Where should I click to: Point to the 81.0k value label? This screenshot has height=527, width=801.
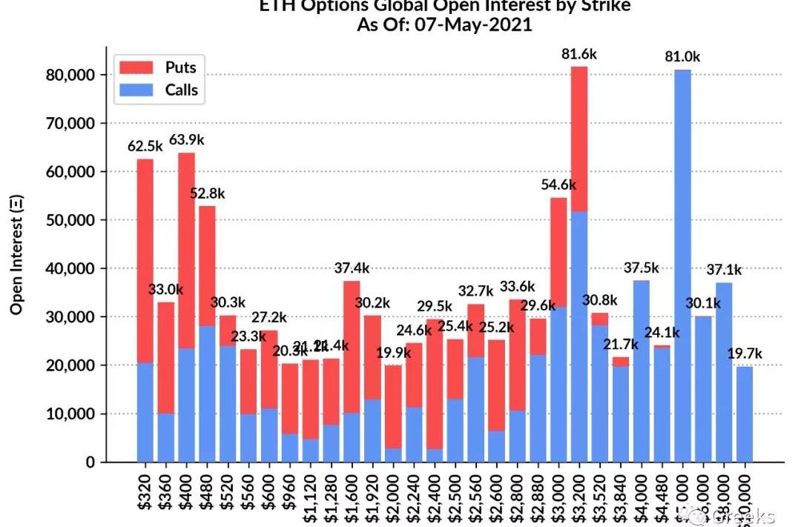click(683, 56)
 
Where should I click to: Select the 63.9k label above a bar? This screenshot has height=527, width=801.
click(186, 139)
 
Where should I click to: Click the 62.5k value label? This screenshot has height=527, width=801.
click(145, 146)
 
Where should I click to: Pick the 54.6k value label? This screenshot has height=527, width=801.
click(558, 185)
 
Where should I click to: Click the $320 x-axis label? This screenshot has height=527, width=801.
click(145, 493)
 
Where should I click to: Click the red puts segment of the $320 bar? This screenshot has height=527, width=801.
click(145, 260)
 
